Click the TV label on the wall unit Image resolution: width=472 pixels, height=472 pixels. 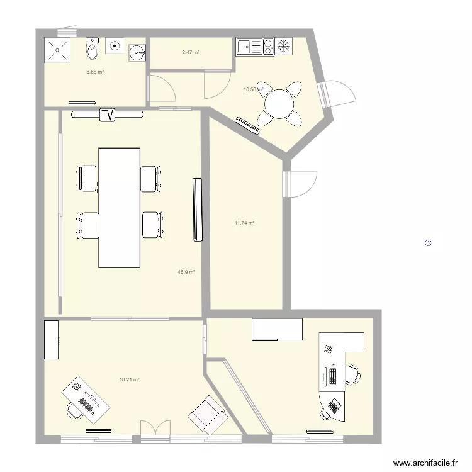[x=108, y=115]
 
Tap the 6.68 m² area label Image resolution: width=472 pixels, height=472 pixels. [x=95, y=72]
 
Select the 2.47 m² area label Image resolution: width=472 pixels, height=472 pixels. [x=191, y=52]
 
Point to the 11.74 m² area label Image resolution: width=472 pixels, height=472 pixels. [x=244, y=223]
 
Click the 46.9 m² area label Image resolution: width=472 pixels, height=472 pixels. [x=186, y=272]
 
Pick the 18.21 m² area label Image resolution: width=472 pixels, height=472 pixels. [x=129, y=379]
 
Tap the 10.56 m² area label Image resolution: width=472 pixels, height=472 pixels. [x=252, y=89]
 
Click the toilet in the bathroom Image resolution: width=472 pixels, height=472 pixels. [x=93, y=46]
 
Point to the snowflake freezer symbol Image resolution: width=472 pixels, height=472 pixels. [x=284, y=46]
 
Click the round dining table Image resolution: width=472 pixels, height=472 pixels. [x=279, y=103]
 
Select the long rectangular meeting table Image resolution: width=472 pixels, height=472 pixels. [x=119, y=207]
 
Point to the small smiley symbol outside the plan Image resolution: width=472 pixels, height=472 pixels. [x=427, y=243]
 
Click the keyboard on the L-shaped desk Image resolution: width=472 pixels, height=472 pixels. [x=332, y=376]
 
